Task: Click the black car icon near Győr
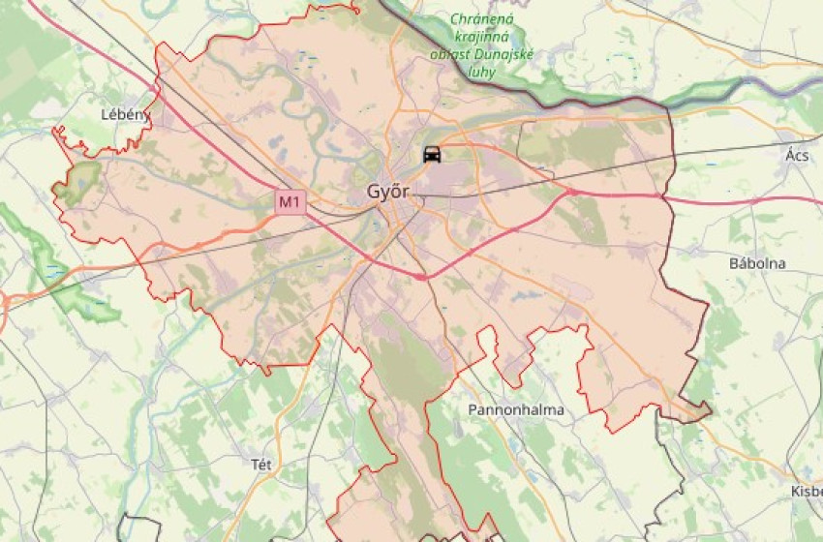pos(432,154)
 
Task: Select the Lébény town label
pos(125,114)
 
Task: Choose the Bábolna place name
pos(757,263)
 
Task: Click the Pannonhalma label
pos(515,410)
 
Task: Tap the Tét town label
pos(260,464)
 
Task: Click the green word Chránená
pos(483,19)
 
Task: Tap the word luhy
pos(481,72)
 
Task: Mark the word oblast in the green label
pos(450,54)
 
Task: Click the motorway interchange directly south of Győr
pos(421,277)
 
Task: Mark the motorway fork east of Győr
pos(572,193)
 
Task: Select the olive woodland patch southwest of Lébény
pos(77,181)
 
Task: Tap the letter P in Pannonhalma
pos(472,410)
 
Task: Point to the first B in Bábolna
pos(734,263)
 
